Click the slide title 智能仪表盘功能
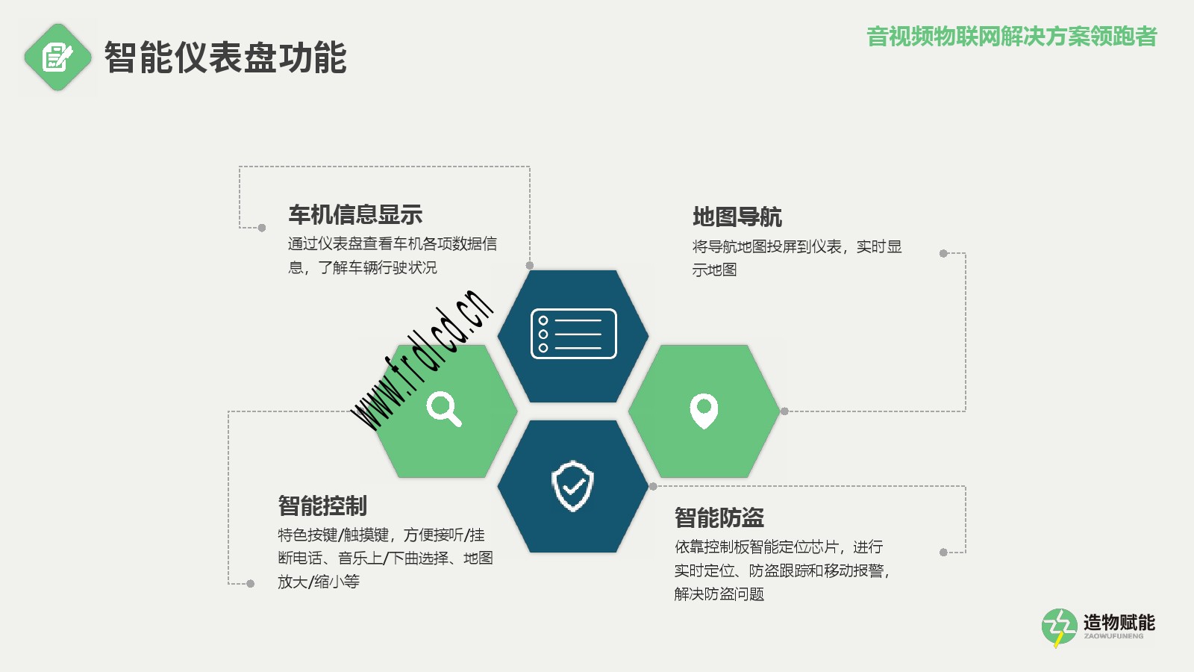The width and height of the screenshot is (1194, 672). pos(225,57)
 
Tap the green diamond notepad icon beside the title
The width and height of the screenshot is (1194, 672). pos(57,57)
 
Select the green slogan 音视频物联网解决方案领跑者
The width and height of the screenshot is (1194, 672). pos(1012,37)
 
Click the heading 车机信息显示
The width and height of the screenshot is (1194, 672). pos(355,214)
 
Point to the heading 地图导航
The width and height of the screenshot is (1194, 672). pos(737,217)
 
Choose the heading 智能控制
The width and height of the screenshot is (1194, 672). pos(322,505)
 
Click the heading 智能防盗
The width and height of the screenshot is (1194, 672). pos(719,517)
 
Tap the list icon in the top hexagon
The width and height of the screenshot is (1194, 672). pos(574,334)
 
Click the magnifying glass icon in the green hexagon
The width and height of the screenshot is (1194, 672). pos(444,409)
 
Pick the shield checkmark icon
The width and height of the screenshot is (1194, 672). pos(573,486)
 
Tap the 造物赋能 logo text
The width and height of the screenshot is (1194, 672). pos(1119,623)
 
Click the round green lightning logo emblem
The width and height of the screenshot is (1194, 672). pos(1059,627)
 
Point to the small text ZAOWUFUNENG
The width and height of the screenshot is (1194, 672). pos(1113,636)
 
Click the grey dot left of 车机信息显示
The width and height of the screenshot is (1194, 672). pos(262,228)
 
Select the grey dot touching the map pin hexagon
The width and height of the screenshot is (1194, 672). pos(784,411)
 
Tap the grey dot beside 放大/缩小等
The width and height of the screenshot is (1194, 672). pos(251,583)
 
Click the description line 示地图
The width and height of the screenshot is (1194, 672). pos(714,270)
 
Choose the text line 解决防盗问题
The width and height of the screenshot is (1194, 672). pos(719,594)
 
